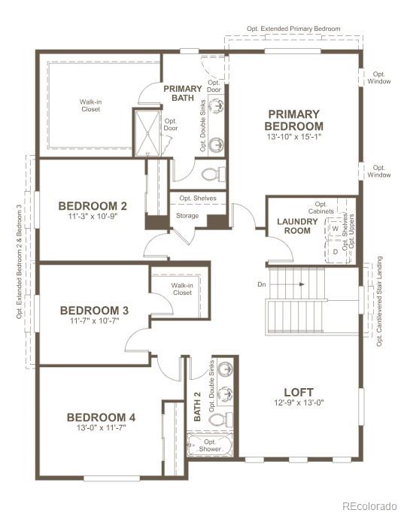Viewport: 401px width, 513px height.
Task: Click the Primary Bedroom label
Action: point(295,120)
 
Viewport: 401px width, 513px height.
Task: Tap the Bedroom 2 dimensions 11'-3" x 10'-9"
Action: point(93,216)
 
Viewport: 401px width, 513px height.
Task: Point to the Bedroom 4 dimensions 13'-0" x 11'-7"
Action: point(96,427)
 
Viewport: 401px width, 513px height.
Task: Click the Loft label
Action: point(299,392)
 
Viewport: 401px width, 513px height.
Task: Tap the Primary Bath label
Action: point(183,93)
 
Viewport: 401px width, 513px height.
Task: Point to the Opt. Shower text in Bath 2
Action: point(210,445)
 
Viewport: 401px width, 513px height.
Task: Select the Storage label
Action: point(187,216)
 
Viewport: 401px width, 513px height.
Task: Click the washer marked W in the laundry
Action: point(336,228)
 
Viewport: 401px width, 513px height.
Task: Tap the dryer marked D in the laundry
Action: point(336,251)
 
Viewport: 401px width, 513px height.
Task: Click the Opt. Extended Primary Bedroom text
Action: point(293,29)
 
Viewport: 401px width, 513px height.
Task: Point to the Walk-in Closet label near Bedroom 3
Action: point(182,290)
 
